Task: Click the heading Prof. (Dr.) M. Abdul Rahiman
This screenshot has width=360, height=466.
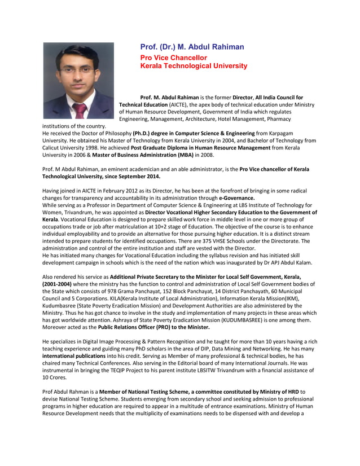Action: point(192,47)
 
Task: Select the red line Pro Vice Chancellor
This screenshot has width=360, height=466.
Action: point(173,58)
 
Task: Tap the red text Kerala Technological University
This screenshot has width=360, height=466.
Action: point(194,66)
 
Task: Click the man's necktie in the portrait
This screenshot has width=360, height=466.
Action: point(81,109)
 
